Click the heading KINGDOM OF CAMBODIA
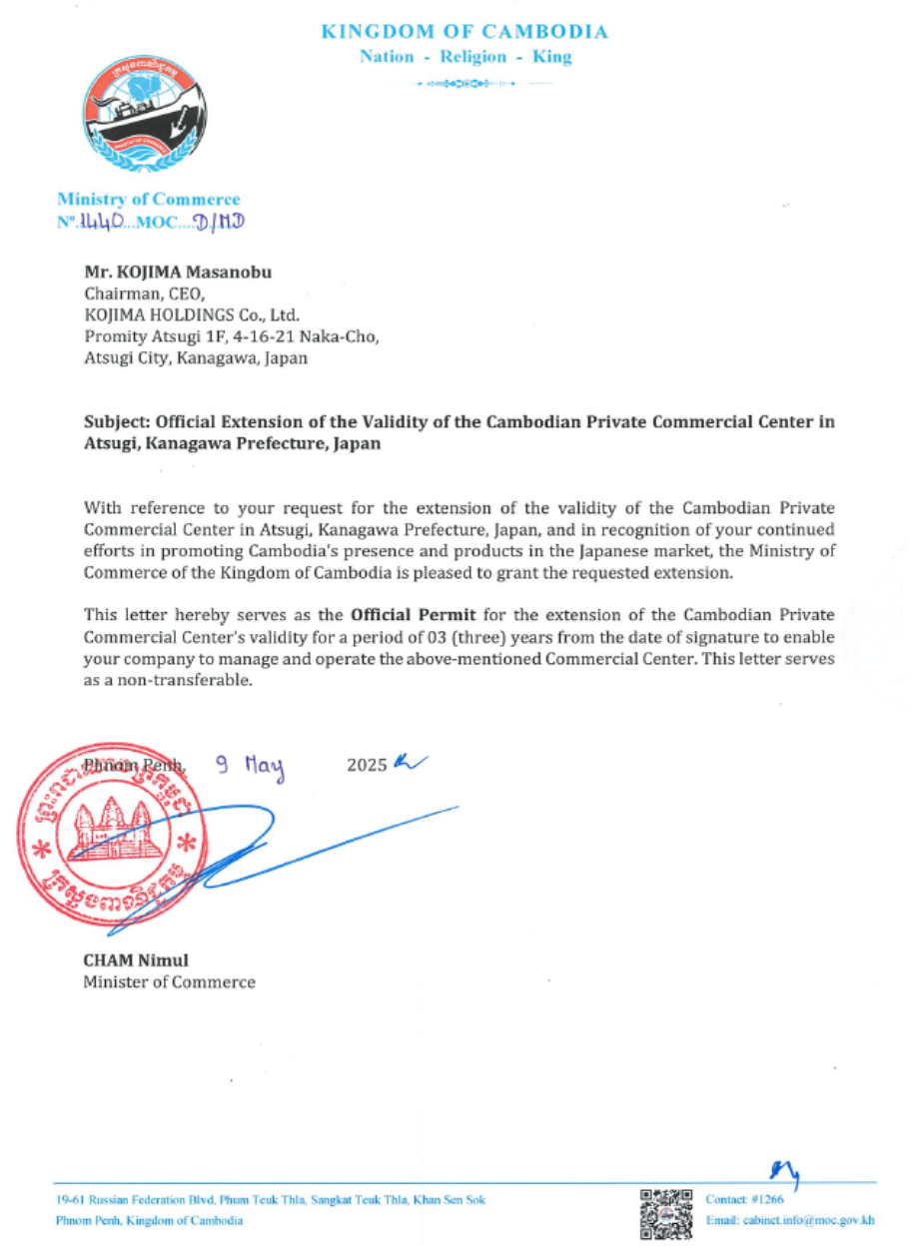tap(464, 32)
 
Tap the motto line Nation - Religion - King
tap(465, 57)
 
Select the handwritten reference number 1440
tap(103, 220)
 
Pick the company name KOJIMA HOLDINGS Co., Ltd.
tap(185, 314)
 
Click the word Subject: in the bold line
tap(118, 421)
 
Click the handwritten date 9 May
tap(251, 767)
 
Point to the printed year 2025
tap(366, 767)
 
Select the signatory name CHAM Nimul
tap(135, 960)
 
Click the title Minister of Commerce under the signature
tap(169, 982)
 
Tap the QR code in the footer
tap(666, 1213)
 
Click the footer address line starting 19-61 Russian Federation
tap(271, 1200)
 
